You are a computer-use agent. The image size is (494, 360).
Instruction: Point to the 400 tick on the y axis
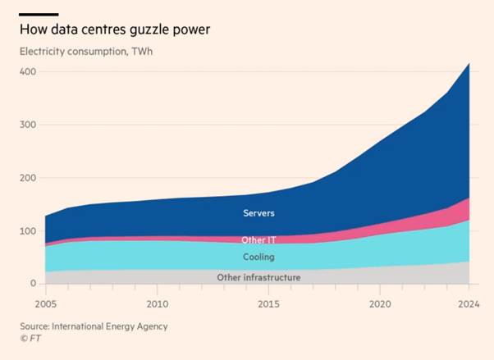[27, 71]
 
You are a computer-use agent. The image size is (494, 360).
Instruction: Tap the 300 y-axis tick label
[27, 125]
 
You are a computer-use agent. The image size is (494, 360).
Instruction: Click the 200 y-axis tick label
[27, 178]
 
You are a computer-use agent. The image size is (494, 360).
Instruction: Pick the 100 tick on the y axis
[27, 230]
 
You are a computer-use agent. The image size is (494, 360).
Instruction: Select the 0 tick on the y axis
[34, 284]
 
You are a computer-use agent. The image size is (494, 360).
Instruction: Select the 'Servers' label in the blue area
[258, 213]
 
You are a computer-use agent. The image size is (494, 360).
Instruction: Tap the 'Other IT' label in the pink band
[258, 240]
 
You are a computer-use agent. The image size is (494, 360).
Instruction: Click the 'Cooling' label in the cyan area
[258, 257]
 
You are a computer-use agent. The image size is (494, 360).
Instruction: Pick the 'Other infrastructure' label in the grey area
[258, 277]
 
